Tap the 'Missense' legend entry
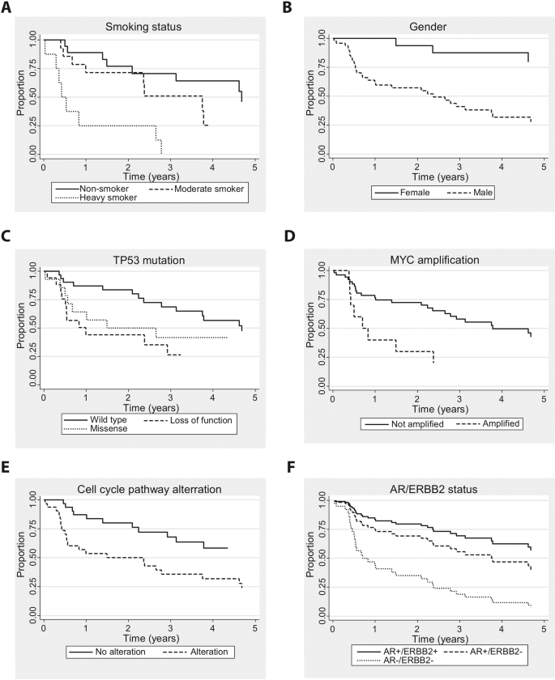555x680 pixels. (99, 431)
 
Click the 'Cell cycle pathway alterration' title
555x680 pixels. (149, 488)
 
